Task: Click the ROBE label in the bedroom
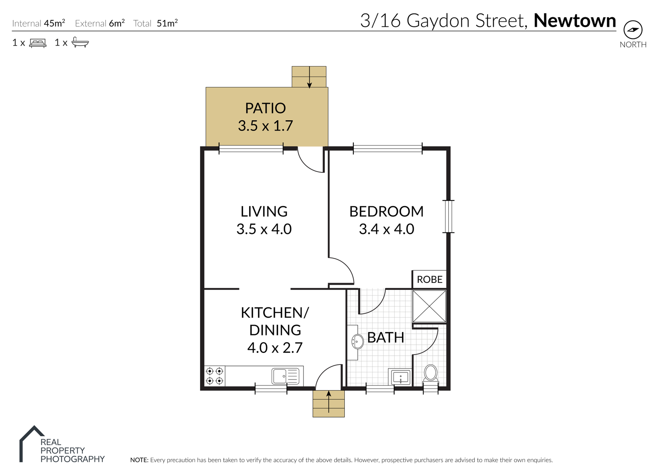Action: tap(430, 279)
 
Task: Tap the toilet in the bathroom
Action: tap(430, 374)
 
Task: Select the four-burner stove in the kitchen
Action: tap(215, 376)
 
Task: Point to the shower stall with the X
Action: tap(429, 306)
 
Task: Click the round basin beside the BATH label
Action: tap(358, 341)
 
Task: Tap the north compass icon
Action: tap(633, 30)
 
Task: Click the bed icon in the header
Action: tap(38, 43)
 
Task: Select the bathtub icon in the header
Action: tap(80, 42)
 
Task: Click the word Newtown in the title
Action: tap(574, 21)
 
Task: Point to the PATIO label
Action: tap(265, 108)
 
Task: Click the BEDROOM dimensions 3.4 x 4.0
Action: tap(386, 229)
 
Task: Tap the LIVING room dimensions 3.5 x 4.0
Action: tap(264, 229)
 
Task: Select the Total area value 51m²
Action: tap(167, 23)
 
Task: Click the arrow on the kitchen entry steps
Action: tap(329, 402)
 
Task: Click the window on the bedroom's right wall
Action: tap(448, 216)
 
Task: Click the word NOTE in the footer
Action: tap(139, 460)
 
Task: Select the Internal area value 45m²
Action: tap(54, 23)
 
